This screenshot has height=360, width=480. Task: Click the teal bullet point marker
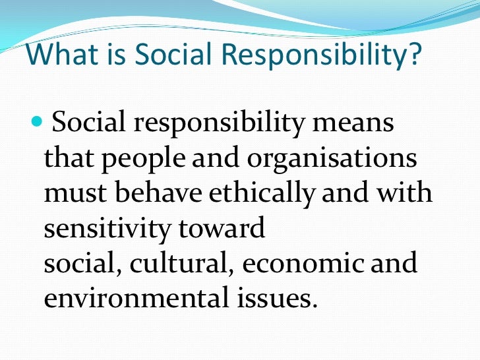pyautogui.click(x=36, y=123)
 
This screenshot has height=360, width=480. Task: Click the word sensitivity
pyautogui.click(x=106, y=229)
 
